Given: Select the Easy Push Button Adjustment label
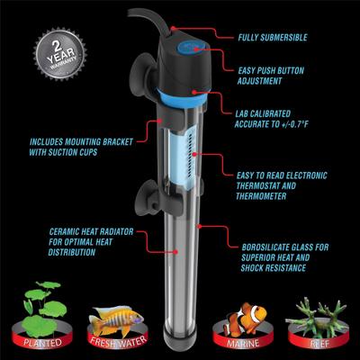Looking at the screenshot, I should [x=280, y=75].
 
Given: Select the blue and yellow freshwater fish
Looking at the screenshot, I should [x=115, y=317].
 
